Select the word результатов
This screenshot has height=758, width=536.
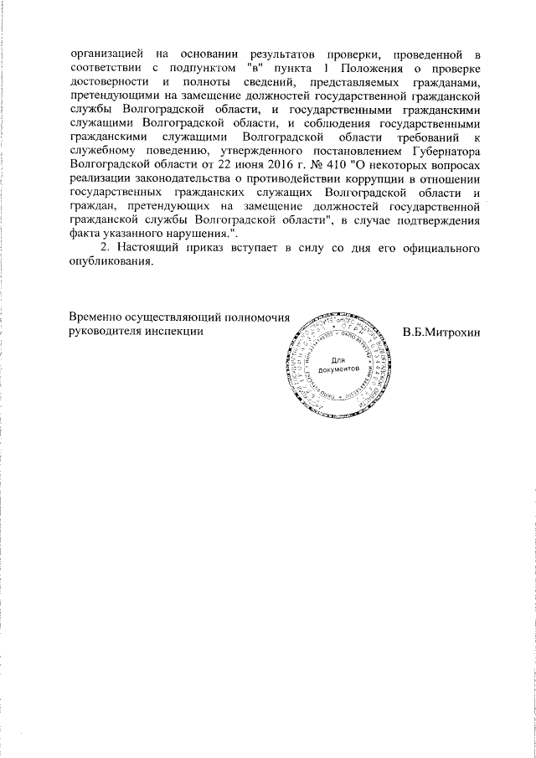pos(278,55)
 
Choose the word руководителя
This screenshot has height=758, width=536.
pos(106,332)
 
